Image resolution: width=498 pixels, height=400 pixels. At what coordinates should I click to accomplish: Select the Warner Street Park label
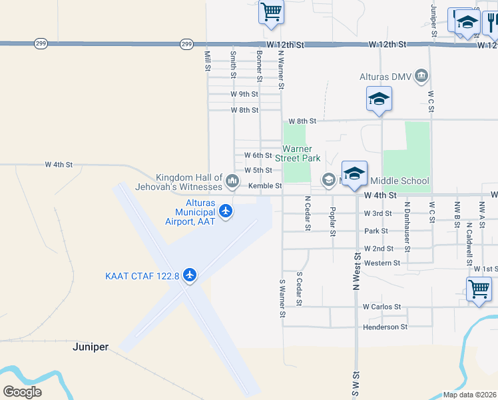tap(302, 153)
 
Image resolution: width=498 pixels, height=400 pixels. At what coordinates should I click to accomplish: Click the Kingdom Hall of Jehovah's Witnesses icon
tap(232, 181)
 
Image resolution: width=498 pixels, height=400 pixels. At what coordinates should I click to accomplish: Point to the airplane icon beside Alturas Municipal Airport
tap(226, 211)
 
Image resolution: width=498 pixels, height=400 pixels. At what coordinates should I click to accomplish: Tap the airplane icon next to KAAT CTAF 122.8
tap(190, 275)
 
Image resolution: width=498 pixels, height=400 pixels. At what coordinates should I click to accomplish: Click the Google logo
tap(22, 391)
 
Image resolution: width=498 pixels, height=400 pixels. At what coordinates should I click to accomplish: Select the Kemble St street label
tap(265, 186)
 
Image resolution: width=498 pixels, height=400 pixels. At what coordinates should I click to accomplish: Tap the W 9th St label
tap(244, 94)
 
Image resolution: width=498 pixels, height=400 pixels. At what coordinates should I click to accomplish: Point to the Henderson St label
tap(385, 327)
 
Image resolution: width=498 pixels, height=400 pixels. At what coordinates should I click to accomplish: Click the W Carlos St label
tap(381, 307)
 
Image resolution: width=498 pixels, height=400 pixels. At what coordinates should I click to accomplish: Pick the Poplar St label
tap(332, 221)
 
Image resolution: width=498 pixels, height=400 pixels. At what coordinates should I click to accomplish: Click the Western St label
tap(382, 263)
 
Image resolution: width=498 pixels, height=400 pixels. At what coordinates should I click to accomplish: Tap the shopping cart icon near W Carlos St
tap(479, 289)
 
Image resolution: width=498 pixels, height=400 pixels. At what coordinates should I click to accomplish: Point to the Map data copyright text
tap(469, 395)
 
